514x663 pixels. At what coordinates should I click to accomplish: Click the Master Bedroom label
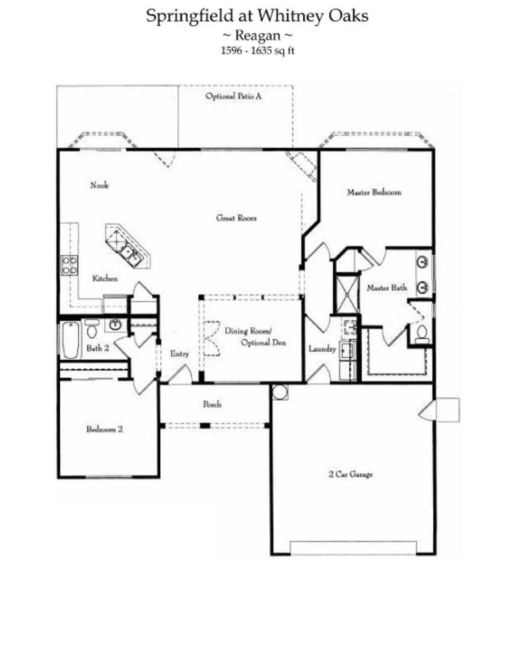click(374, 192)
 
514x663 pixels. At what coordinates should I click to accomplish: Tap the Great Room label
click(236, 218)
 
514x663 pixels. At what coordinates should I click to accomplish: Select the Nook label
click(99, 185)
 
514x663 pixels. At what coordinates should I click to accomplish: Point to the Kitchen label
click(105, 278)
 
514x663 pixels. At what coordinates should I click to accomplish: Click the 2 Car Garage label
click(351, 474)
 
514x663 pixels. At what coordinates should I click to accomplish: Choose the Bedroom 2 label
click(104, 429)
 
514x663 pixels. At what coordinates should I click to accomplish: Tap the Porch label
click(212, 404)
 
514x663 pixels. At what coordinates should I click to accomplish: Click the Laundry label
click(322, 349)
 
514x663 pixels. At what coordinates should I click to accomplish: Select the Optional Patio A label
click(233, 96)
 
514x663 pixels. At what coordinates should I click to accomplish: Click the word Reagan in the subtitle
click(257, 35)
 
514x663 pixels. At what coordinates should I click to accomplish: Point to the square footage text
click(257, 50)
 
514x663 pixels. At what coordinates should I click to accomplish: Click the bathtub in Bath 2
click(71, 340)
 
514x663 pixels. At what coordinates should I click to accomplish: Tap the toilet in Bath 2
click(92, 328)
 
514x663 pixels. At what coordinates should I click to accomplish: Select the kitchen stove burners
click(70, 265)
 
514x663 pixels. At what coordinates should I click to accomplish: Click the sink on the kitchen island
click(129, 253)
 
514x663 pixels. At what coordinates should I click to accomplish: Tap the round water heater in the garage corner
click(280, 392)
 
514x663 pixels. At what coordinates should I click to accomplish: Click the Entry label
click(179, 354)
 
